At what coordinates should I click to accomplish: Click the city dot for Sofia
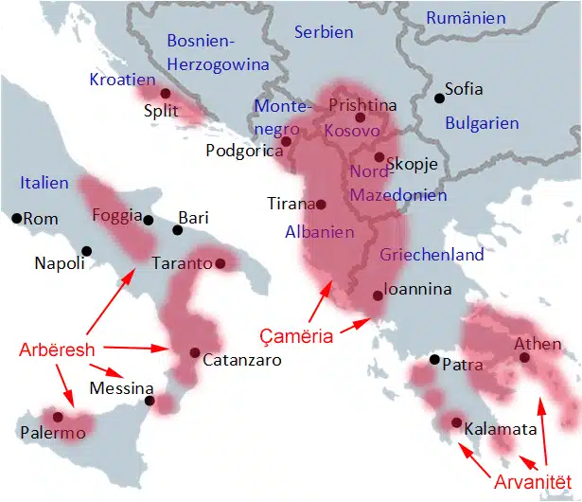pos(439,98)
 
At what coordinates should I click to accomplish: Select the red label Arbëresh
pos(57,350)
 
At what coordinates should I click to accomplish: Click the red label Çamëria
pos(296,335)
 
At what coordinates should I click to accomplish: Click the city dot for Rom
pos(16,219)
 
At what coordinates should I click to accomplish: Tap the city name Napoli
pos(59,263)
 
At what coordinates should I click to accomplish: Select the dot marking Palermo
pos(58,417)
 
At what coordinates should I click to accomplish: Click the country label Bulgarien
pos(482,123)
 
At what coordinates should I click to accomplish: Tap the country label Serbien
pos(324,32)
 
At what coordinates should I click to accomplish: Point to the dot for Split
pos(166,93)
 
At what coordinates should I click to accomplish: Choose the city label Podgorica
pos(243,150)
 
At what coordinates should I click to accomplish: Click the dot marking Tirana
pos(321,204)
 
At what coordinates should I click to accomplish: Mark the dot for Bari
pos(178,230)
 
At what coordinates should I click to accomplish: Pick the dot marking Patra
pos(433,360)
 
